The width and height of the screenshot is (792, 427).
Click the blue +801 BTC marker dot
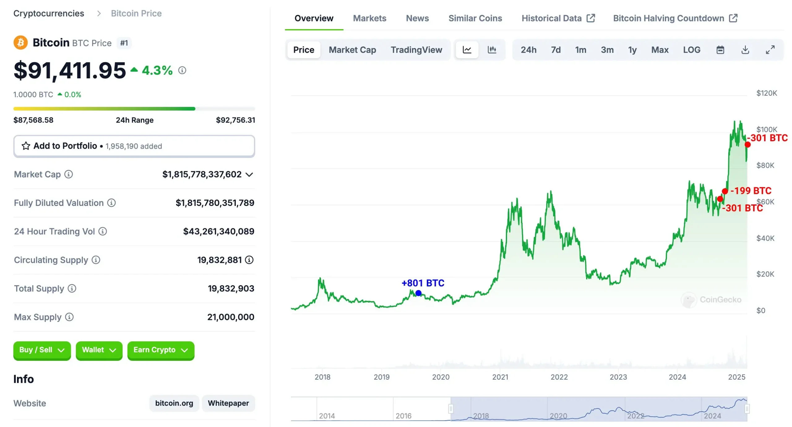[418, 293]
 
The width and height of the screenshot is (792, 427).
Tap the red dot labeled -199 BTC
[725, 191]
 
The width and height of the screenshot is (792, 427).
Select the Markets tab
[369, 18]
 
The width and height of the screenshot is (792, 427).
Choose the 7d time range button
[555, 50]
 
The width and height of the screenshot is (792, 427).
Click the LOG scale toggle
[691, 50]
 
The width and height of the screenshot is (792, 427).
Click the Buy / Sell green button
[42, 350]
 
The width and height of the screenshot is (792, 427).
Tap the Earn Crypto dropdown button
[160, 350]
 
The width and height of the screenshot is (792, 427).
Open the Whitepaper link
[228, 403]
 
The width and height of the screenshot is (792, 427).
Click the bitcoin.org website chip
[174, 403]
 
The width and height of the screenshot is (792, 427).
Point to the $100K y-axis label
[766, 129]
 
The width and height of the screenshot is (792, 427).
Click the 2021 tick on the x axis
[500, 377]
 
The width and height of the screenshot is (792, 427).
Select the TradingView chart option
[416, 50]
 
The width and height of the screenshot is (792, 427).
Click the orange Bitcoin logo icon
[20, 42]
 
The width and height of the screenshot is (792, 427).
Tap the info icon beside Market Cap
[68, 174]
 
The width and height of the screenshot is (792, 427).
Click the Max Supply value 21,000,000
[230, 317]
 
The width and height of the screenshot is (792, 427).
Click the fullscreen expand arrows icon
[770, 50]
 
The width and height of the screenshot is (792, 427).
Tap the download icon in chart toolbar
[745, 50]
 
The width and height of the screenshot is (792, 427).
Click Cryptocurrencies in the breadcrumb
[49, 13]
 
